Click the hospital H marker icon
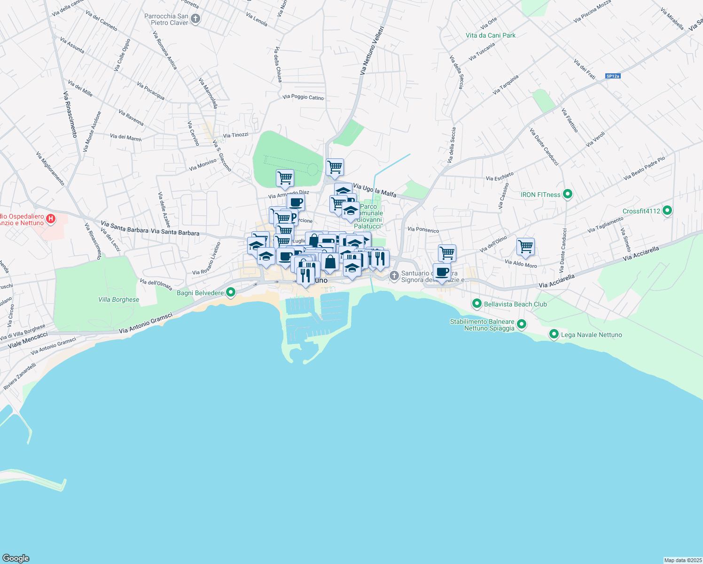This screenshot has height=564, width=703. pyautogui.click(x=51, y=219)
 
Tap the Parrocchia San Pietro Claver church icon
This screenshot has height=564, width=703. pyautogui.click(x=196, y=19)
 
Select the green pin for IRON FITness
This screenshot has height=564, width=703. pyautogui.click(x=567, y=194)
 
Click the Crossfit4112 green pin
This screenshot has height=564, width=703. pyautogui.click(x=667, y=211)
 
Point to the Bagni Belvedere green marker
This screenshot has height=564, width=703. pyautogui.click(x=230, y=292)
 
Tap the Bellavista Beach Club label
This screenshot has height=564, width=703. pyautogui.click(x=515, y=304)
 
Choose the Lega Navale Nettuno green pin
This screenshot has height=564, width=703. pyautogui.click(x=554, y=334)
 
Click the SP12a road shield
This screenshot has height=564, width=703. pyautogui.click(x=613, y=76)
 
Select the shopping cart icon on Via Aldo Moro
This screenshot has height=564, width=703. pyautogui.click(x=525, y=246)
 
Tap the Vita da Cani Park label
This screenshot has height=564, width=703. pyautogui.click(x=491, y=35)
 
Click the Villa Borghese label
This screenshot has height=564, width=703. pyautogui.click(x=118, y=299)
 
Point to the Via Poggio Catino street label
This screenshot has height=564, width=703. pyautogui.click(x=303, y=97)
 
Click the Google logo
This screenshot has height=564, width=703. pyautogui.click(x=16, y=558)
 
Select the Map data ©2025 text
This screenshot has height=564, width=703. pyautogui.click(x=682, y=560)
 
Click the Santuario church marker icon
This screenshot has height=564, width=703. pyautogui.click(x=394, y=276)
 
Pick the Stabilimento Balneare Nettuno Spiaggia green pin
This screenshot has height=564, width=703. pyautogui.click(x=521, y=324)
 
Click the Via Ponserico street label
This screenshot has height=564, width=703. pyautogui.click(x=423, y=230)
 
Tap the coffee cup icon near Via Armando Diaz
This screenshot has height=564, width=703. pyautogui.click(x=296, y=203)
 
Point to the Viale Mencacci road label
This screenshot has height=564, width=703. pyautogui.click(x=28, y=340)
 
